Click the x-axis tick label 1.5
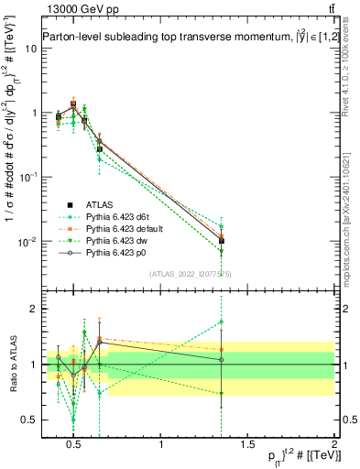(x=247, y=446)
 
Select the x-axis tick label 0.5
(x=75, y=446)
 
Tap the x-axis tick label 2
(x=334, y=446)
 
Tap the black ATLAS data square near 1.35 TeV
(x=222, y=241)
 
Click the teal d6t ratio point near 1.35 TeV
(x=222, y=322)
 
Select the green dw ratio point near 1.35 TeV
(x=222, y=393)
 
